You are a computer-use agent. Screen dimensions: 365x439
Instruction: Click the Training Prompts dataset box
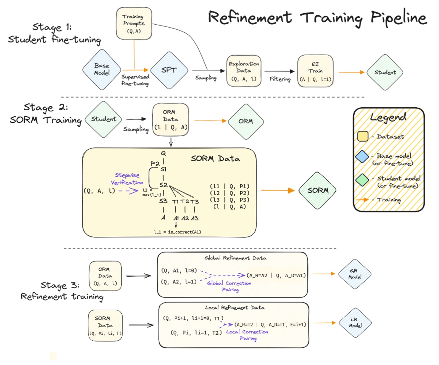pos(134,24)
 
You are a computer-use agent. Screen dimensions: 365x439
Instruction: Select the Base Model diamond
pos(102,69)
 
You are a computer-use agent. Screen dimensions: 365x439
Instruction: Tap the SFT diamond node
pos(169,70)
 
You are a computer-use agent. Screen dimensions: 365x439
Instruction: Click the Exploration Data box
pos(244,71)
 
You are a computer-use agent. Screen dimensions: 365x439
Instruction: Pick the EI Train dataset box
pos(315,71)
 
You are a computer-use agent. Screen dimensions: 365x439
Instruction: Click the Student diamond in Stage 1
pos(385,72)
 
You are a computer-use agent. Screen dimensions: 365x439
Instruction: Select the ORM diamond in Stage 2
pos(245,121)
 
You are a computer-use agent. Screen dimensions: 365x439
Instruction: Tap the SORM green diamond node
pos(317,190)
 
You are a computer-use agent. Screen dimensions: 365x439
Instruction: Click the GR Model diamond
pos(355,274)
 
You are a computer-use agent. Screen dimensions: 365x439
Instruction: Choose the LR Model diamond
pos(355,323)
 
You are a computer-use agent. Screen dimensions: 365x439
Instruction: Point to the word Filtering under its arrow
pos(280,79)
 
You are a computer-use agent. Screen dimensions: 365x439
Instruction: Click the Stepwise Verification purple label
pos(127,179)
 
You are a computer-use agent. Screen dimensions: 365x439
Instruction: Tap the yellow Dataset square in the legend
pos(363,136)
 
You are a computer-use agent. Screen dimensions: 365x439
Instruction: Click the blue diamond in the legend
pos(362,157)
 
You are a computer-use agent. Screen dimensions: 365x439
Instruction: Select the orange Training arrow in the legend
pos(362,200)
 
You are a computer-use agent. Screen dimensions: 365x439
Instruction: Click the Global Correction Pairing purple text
pos(229,286)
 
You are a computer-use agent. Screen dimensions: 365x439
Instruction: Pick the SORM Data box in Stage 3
pos(105,325)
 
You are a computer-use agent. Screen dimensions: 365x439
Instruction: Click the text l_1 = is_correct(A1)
pos(177,232)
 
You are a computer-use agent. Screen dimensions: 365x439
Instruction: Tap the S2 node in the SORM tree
pos(163,185)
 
